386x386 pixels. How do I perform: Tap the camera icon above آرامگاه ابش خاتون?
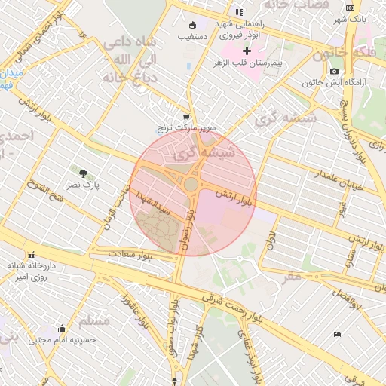334,72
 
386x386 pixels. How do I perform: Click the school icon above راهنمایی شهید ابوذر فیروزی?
239,12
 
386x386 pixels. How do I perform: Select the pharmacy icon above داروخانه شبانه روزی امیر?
31,254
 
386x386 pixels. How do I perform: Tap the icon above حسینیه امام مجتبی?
62,328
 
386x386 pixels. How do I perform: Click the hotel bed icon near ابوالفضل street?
337,334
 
